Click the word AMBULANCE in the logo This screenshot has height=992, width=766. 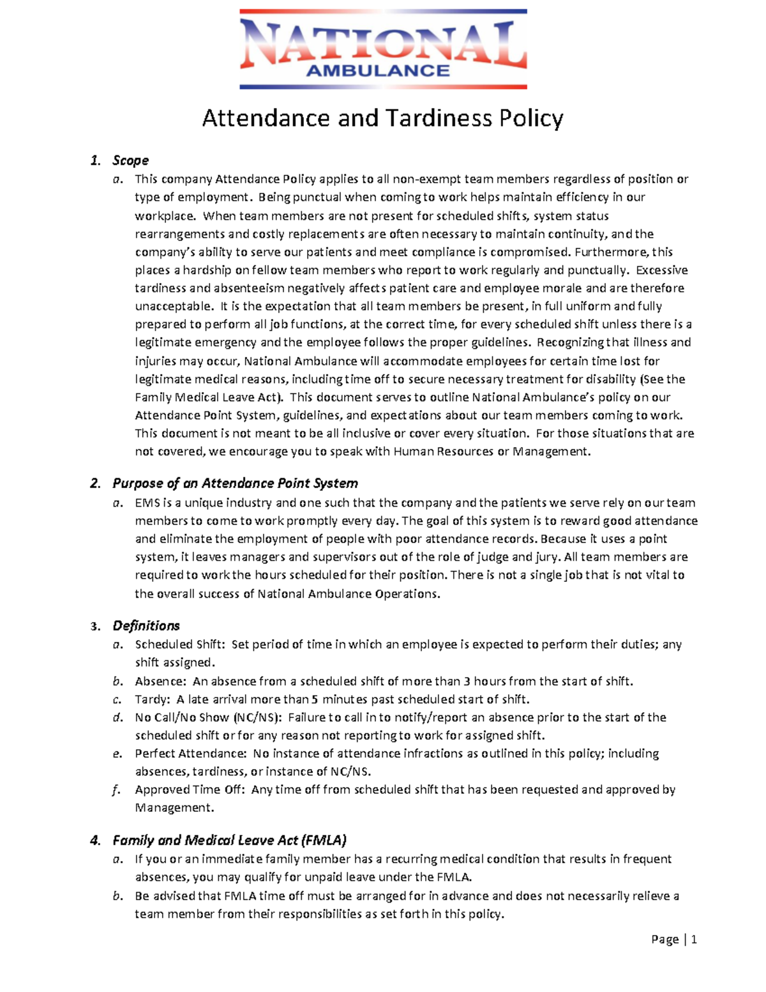[378, 70]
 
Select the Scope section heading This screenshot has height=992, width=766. [130, 160]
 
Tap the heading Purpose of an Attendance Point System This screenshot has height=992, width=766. [235, 484]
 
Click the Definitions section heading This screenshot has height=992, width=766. [146, 626]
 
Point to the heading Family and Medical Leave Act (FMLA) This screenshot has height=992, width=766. [229, 840]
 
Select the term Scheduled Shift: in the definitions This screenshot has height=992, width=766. [180, 645]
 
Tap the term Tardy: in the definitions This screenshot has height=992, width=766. [153, 699]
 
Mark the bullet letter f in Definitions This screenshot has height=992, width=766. [116, 790]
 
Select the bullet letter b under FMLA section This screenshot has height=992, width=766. [116, 896]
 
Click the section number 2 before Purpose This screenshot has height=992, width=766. [95, 484]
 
